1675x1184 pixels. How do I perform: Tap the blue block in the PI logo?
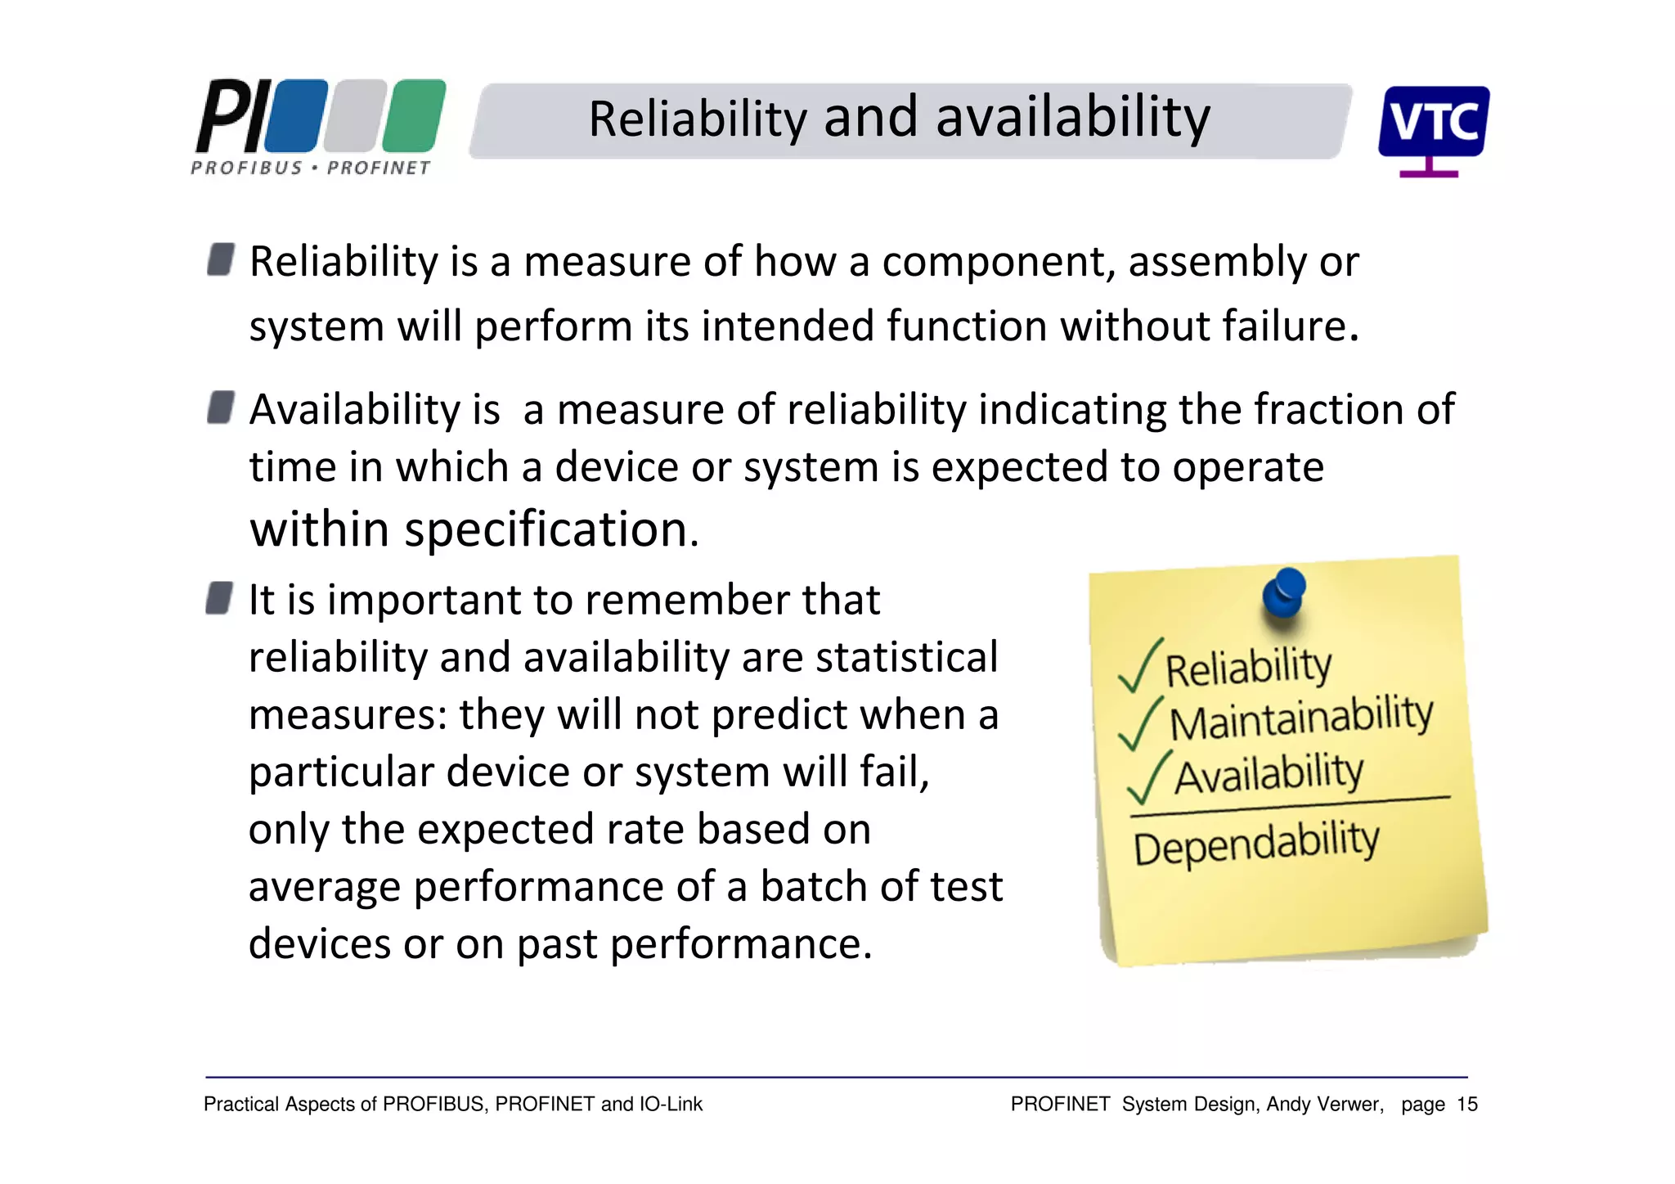click(x=296, y=116)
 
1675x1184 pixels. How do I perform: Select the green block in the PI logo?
click(x=414, y=116)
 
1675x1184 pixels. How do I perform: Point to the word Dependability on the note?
click(x=1256, y=843)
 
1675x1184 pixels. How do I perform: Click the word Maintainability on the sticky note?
click(x=1300, y=718)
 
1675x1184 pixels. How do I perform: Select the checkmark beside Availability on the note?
click(x=1147, y=777)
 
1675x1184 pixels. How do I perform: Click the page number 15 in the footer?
click(x=1467, y=1105)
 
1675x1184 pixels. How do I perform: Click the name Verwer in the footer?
click(x=1354, y=1105)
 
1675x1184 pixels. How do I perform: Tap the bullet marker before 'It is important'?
click(x=220, y=598)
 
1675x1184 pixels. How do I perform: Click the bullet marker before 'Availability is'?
click(x=221, y=407)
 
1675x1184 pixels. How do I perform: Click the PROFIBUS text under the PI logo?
click(x=247, y=168)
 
